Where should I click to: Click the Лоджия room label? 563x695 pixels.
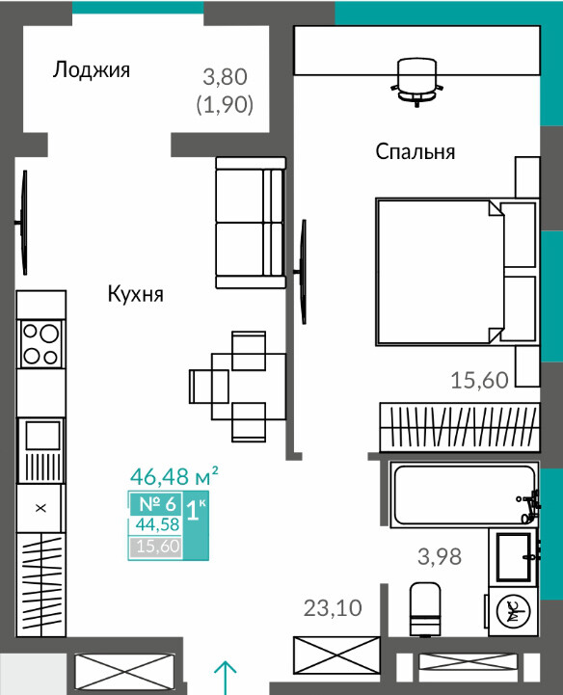click(92, 69)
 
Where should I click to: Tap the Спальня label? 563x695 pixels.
click(416, 151)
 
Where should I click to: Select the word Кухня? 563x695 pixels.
click(136, 294)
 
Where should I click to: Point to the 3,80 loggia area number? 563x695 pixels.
click(225, 77)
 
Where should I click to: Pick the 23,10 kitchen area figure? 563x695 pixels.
click(333, 607)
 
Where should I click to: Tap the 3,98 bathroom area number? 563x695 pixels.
click(440, 556)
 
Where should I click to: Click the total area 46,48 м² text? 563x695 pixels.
click(174, 476)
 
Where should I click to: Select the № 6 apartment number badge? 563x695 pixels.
click(157, 504)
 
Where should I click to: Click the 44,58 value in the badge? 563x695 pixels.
click(157, 524)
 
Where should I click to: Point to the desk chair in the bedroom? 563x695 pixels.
click(416, 82)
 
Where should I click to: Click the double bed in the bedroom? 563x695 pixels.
click(457, 271)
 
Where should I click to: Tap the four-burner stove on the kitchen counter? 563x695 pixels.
click(40, 343)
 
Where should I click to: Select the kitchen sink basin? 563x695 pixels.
click(42, 436)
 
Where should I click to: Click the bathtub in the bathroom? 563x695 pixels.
click(465, 495)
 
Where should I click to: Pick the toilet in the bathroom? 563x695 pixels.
click(425, 609)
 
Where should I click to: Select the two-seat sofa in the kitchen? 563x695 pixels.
click(251, 223)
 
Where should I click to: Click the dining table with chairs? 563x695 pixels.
click(237, 387)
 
